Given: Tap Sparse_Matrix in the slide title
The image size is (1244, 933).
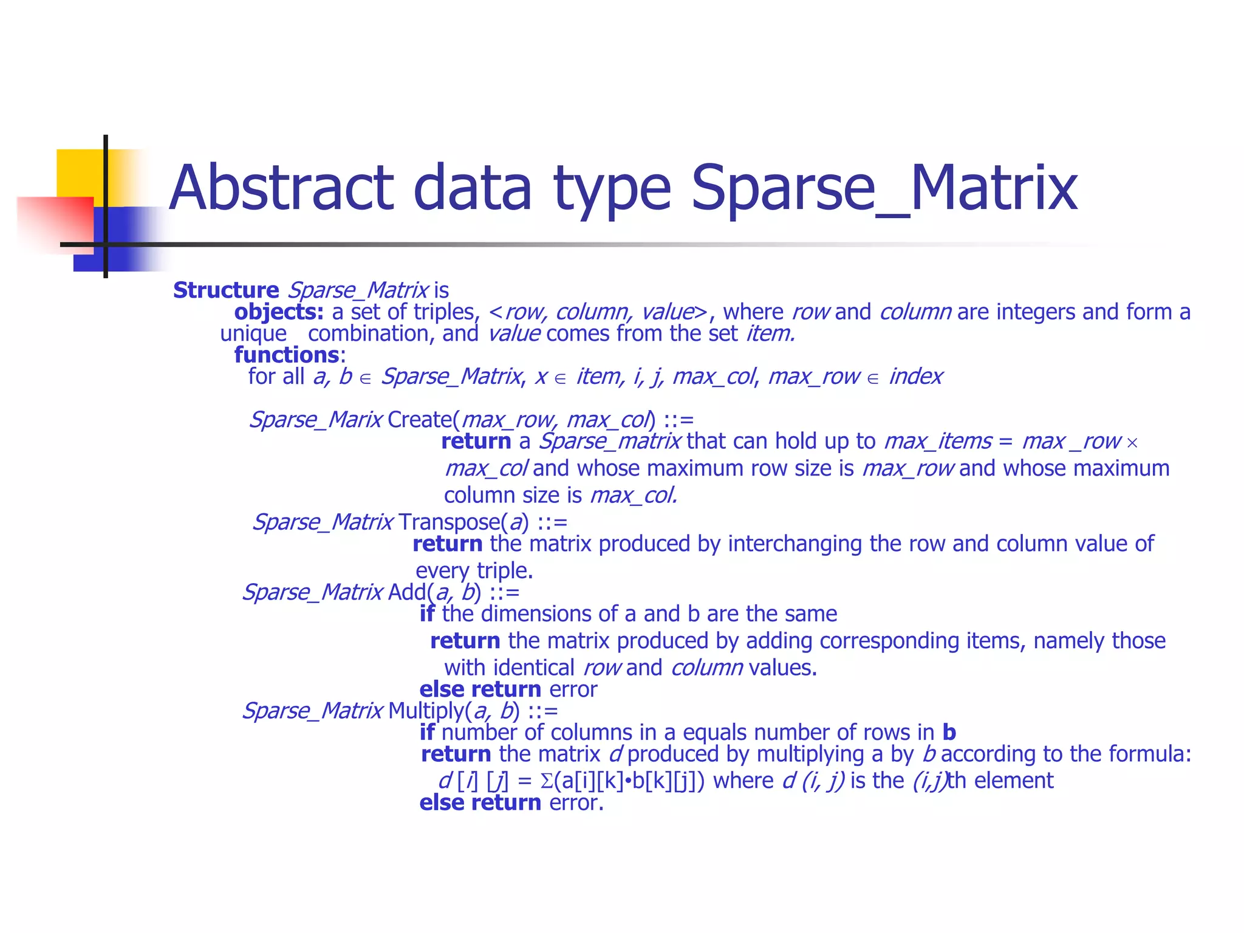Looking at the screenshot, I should point(884,188).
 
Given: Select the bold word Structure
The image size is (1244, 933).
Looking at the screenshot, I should point(226,290).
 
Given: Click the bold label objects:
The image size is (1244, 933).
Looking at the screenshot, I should point(279,312).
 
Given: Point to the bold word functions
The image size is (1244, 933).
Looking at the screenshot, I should point(287,355).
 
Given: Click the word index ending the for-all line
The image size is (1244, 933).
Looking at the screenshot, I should point(915,377).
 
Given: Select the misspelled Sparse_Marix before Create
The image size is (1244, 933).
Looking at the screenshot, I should point(316,420).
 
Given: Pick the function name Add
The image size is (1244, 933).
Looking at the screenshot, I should point(407,592).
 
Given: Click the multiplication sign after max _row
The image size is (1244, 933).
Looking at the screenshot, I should point(1132,443).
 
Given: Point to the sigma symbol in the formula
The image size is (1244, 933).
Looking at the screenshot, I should point(546,781).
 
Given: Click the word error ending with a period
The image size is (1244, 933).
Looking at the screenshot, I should point(576,803).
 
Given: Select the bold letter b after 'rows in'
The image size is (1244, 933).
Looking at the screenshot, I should point(949,733).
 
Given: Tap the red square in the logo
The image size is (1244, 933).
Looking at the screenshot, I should point(55,222).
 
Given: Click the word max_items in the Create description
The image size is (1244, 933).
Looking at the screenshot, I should point(938,441).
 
